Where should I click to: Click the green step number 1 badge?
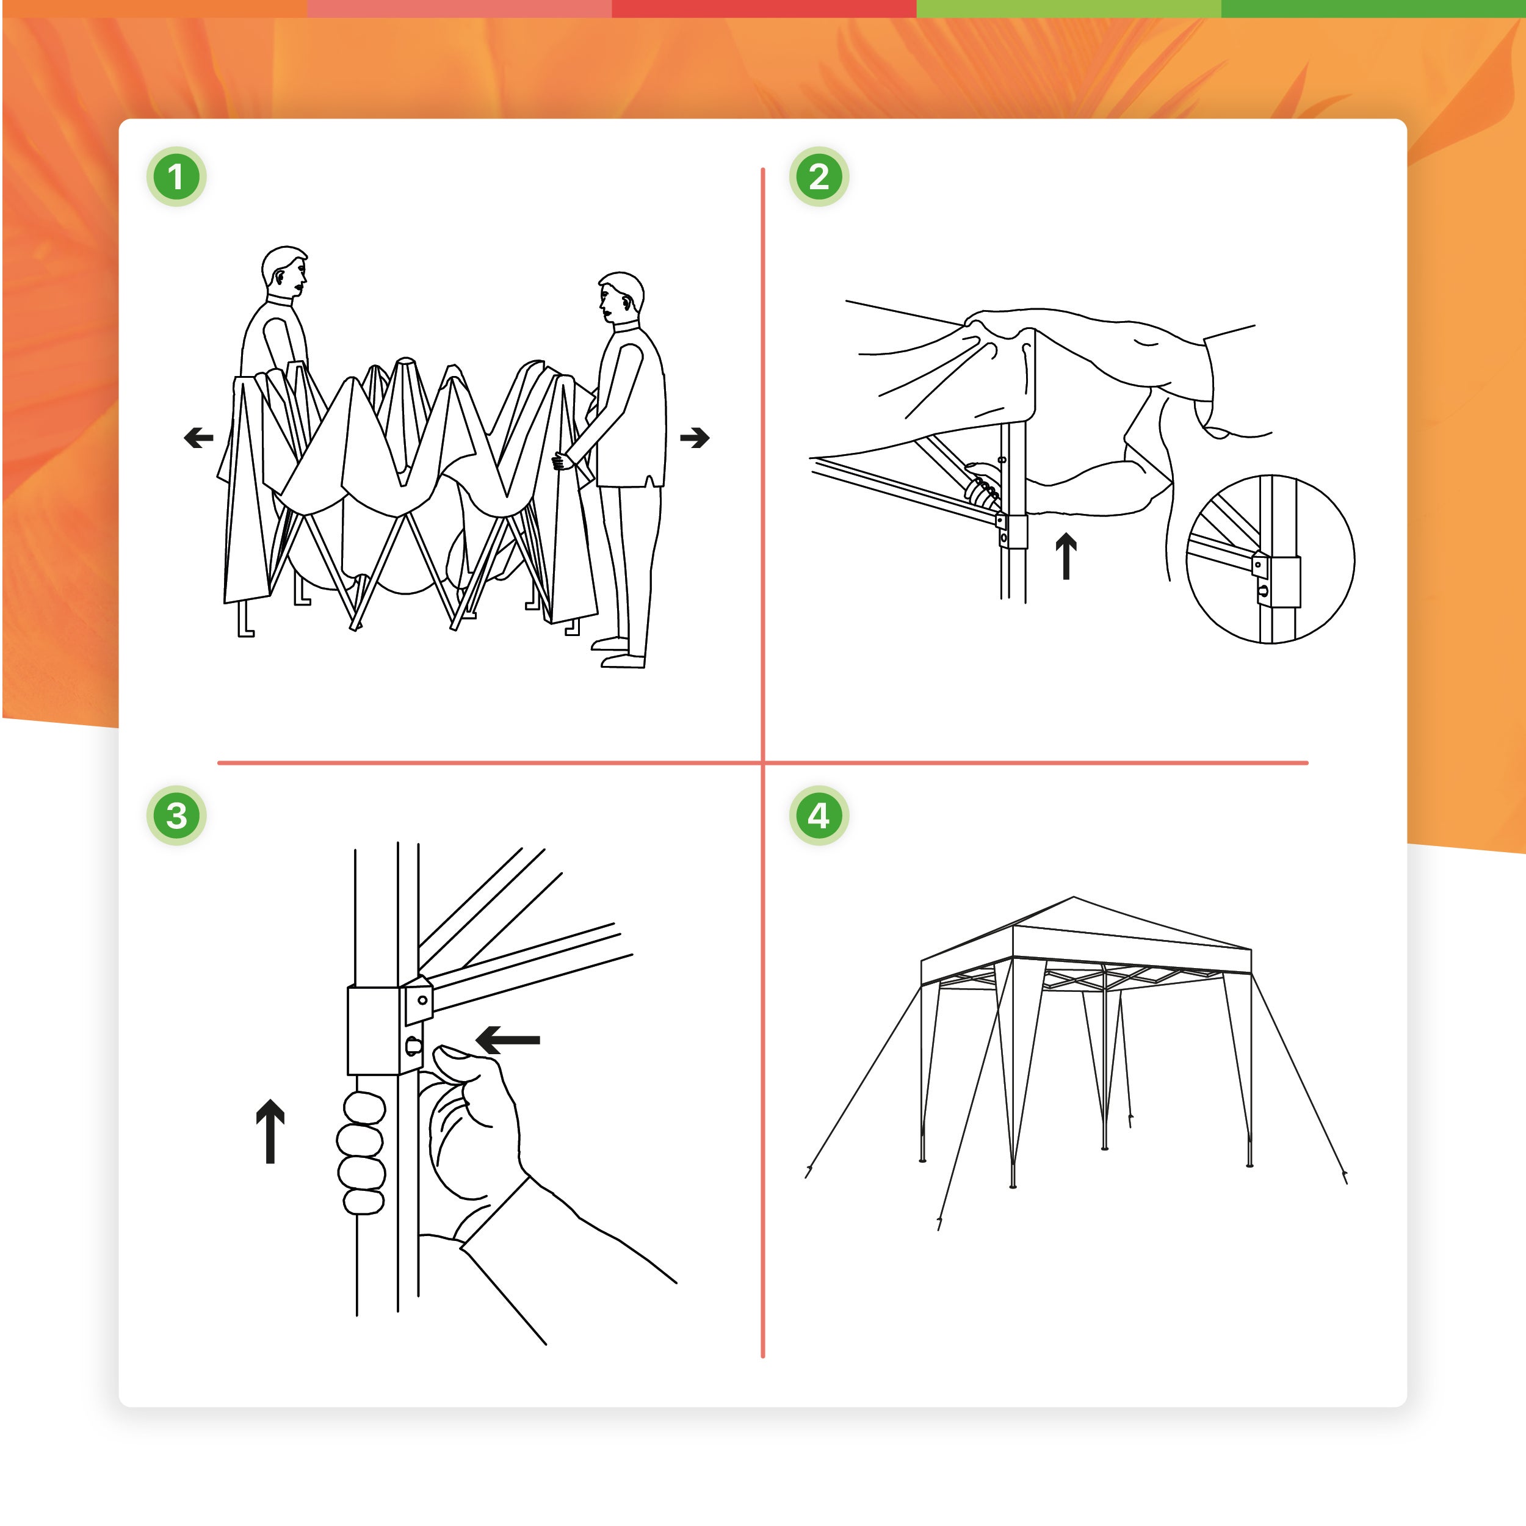(x=176, y=176)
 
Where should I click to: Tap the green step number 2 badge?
(x=819, y=176)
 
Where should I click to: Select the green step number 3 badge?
(x=176, y=815)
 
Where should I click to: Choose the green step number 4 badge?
(x=819, y=815)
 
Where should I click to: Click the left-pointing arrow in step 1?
(x=198, y=437)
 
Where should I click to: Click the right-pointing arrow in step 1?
(x=695, y=437)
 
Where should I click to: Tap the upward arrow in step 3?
(x=270, y=1130)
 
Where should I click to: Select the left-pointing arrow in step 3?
(x=508, y=1040)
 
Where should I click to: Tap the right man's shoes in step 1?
(x=620, y=655)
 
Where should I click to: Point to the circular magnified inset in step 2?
(x=1270, y=559)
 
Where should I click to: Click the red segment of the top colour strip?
(x=763, y=9)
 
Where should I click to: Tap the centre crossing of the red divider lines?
(x=763, y=763)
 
